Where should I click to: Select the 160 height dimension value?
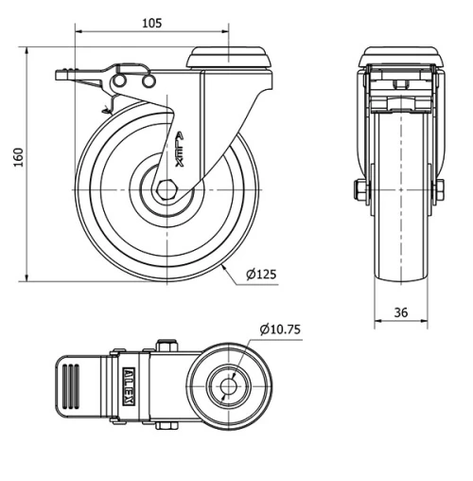click(16, 158)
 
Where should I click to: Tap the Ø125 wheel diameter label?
click(260, 275)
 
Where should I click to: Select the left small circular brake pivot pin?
click(125, 84)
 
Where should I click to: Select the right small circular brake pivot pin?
click(148, 84)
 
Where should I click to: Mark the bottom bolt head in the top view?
click(168, 425)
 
